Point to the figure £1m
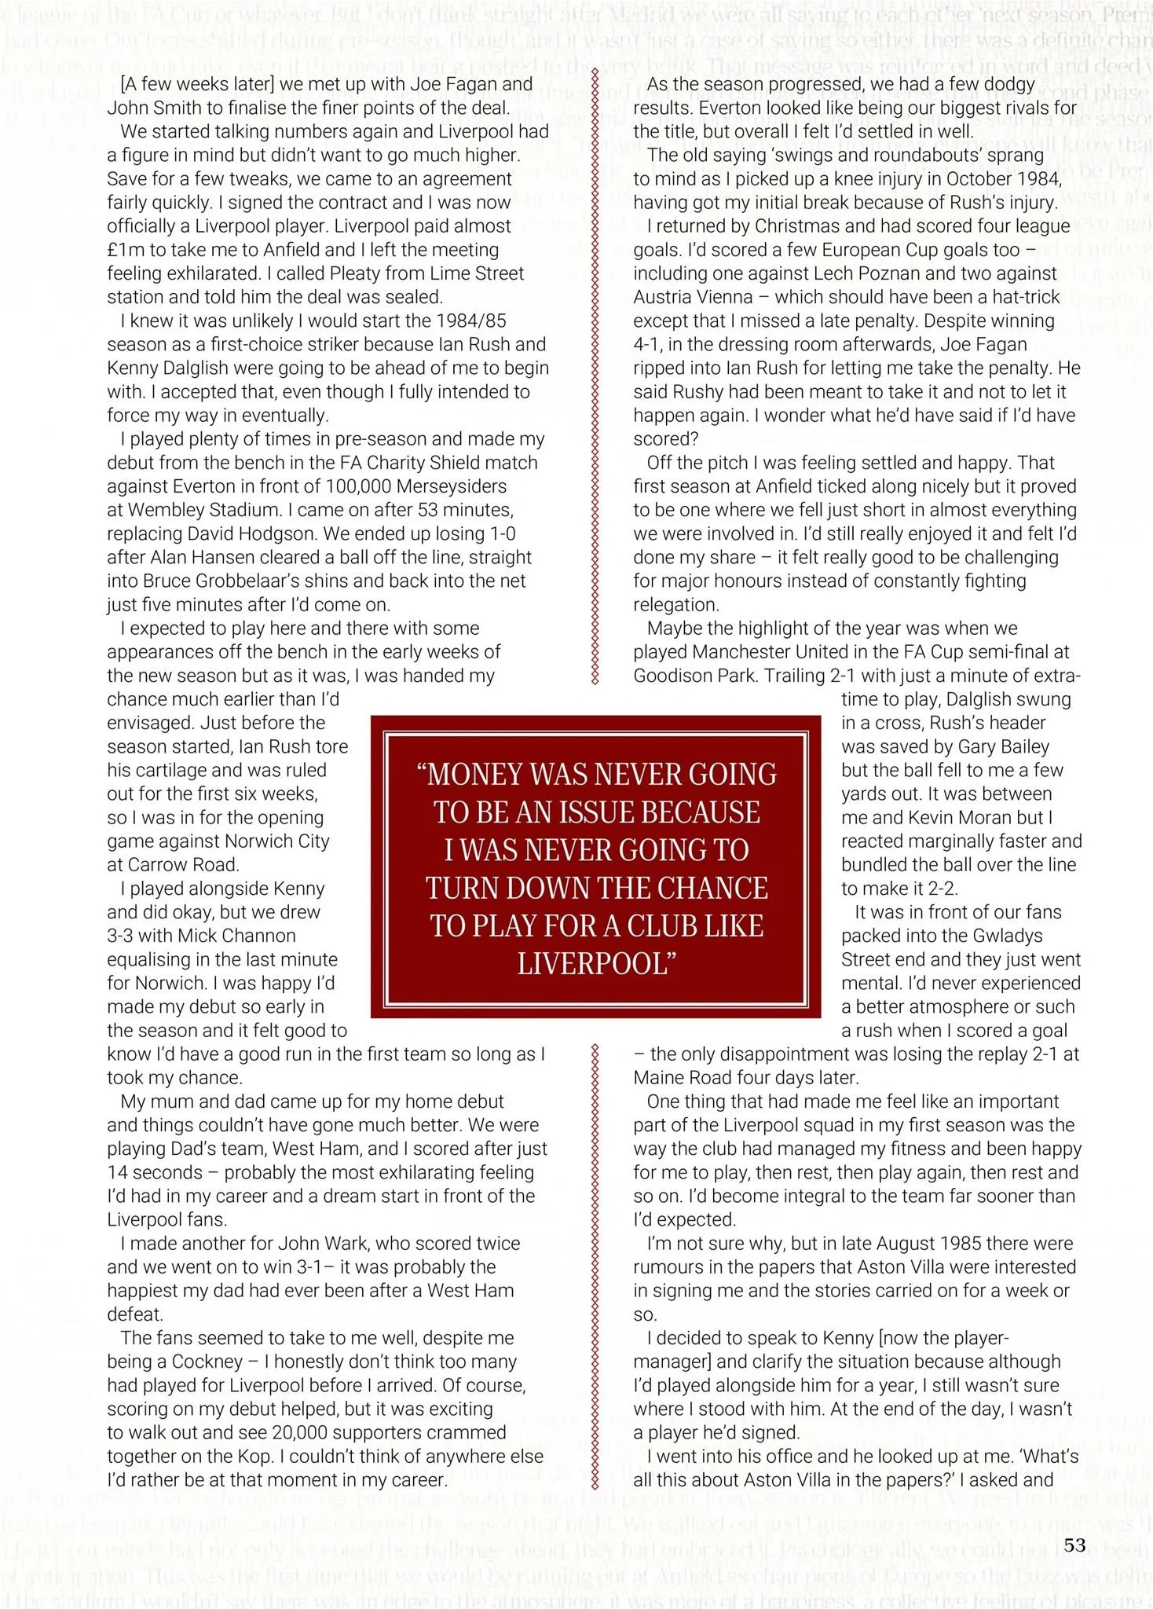pyautogui.click(x=126, y=251)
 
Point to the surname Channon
pyautogui.click(x=261, y=936)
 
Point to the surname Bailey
pyautogui.click(x=1021, y=747)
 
